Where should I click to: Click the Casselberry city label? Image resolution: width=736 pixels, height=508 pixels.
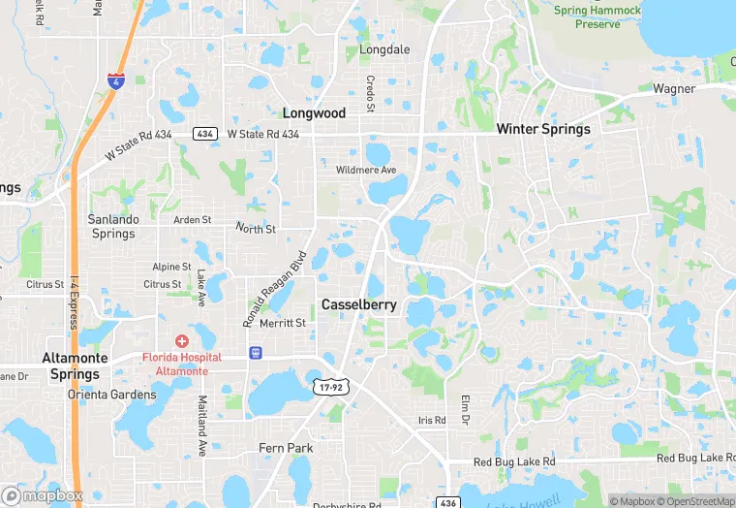[x=359, y=304]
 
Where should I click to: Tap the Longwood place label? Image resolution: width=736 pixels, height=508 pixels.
[x=314, y=113]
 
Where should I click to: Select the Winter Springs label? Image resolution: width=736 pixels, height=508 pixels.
[x=542, y=129]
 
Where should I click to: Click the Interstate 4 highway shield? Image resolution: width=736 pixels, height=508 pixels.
[x=116, y=84]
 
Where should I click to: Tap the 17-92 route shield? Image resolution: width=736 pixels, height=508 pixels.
[x=330, y=386]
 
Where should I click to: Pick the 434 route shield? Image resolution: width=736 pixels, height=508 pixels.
[x=204, y=134]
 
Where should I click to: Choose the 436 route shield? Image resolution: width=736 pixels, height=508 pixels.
[x=446, y=502]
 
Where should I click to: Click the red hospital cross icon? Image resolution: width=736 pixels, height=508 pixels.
[x=181, y=341]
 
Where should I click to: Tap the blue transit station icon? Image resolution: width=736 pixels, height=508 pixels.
[x=255, y=352]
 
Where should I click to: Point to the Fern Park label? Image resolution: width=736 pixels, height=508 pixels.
[x=285, y=448]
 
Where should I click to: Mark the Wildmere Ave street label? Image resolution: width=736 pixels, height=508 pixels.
[x=366, y=171]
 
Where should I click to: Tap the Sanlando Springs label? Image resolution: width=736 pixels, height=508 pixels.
[x=113, y=226]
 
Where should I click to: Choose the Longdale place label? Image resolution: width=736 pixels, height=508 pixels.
[x=384, y=49]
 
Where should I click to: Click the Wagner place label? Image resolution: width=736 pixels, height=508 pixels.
[x=674, y=89]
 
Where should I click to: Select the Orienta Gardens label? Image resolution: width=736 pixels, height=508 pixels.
[x=111, y=395]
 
